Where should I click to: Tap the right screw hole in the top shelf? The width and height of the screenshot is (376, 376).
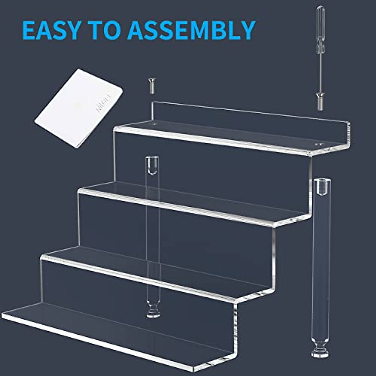tap(318, 144)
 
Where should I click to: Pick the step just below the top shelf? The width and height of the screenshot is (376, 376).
tap(188, 202)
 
